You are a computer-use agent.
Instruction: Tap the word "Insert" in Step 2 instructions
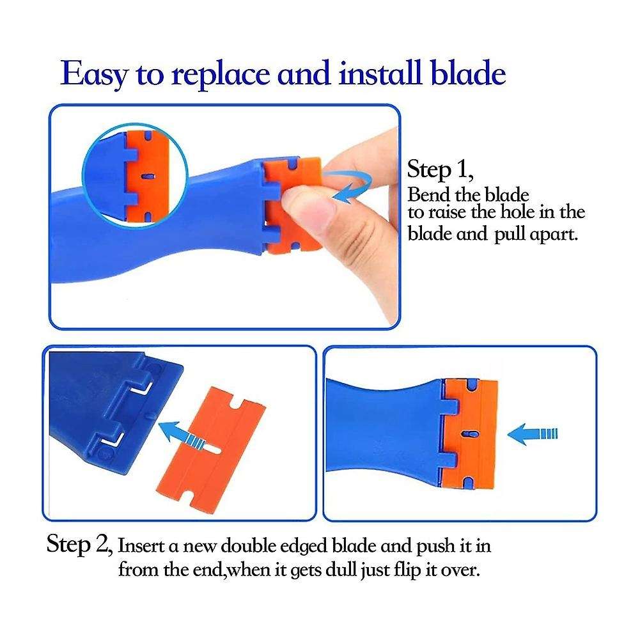(141, 548)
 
